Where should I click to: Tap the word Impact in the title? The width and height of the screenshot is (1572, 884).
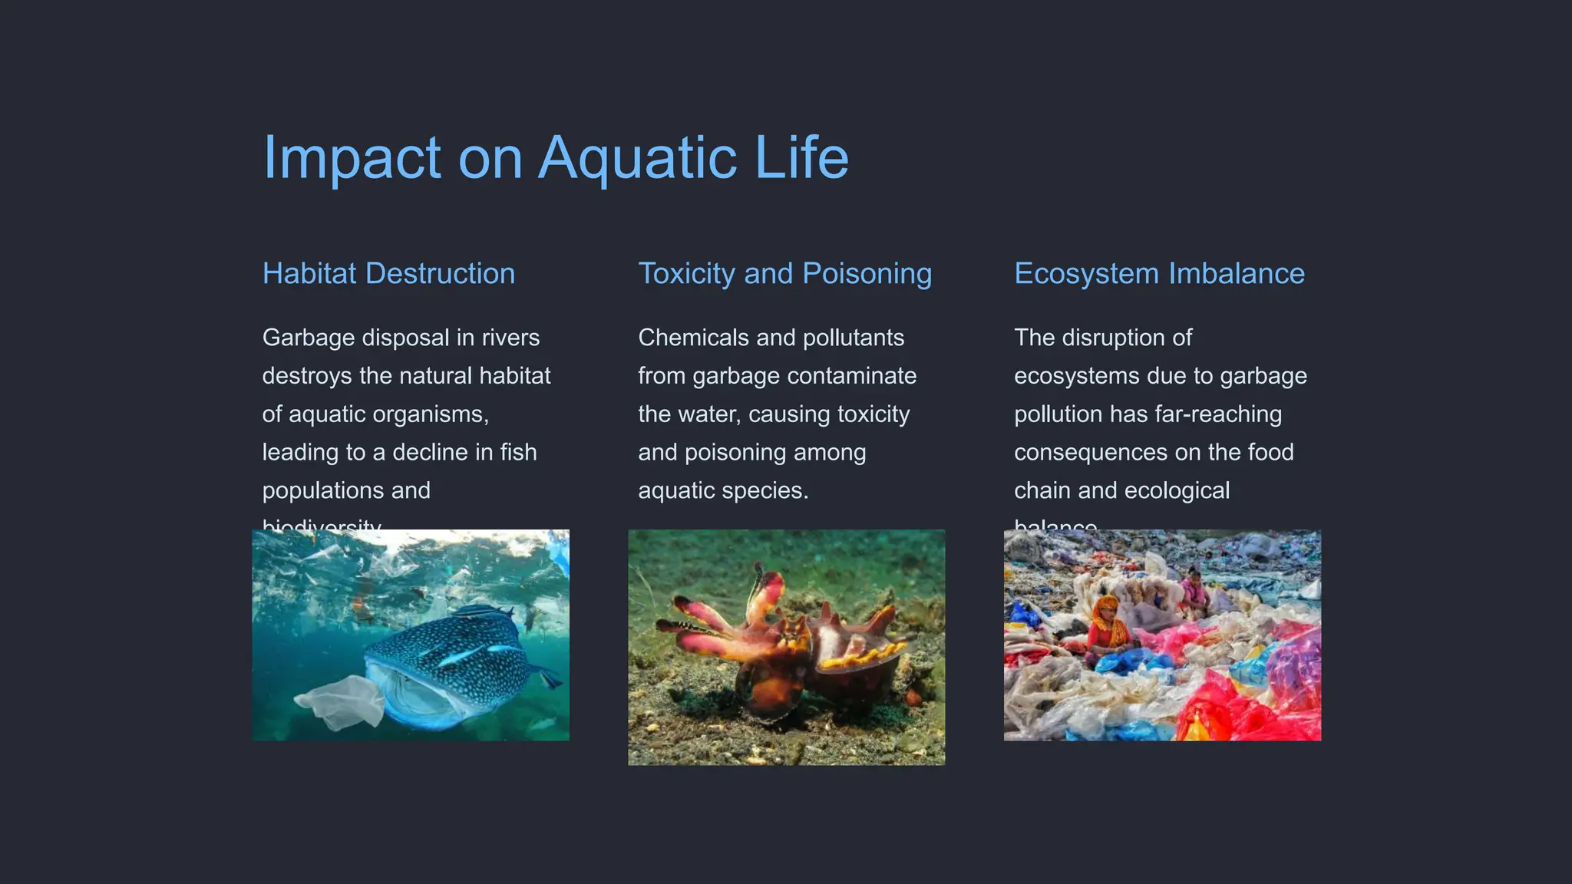352,158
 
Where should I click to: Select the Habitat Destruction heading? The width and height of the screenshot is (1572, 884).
388,274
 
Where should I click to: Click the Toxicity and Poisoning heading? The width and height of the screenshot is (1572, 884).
784,274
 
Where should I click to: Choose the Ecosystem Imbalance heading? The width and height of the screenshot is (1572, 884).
1159,274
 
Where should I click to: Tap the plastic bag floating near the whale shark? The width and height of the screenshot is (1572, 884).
342,700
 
